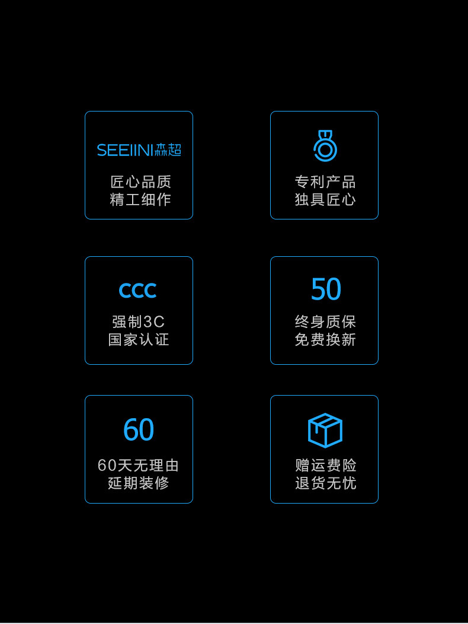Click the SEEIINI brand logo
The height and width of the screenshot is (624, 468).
point(139,150)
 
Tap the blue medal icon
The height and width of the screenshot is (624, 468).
point(325,146)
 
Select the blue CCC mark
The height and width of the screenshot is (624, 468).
point(137,291)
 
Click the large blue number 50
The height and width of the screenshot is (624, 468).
point(326,289)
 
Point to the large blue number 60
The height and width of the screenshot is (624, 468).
point(139,430)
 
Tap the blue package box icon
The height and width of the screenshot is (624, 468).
point(325,430)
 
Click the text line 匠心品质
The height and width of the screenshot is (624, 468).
point(140,182)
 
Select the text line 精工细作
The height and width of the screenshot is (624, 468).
point(140,200)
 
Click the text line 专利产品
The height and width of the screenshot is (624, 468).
point(325,182)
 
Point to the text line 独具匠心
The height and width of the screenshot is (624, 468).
point(325,200)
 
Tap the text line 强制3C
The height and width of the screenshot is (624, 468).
point(139,322)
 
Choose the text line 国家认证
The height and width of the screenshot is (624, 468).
point(139,340)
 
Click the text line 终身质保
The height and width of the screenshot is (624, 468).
point(325,322)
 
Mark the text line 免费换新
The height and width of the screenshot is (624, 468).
point(325,340)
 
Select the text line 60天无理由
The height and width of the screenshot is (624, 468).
point(139,466)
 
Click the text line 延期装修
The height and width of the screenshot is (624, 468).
point(139,483)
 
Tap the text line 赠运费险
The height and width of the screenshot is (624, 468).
point(326,466)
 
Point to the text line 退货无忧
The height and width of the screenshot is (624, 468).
point(326,483)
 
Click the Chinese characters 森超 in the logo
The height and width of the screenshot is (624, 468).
point(168,150)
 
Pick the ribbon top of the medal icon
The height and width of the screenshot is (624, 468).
point(325,135)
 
